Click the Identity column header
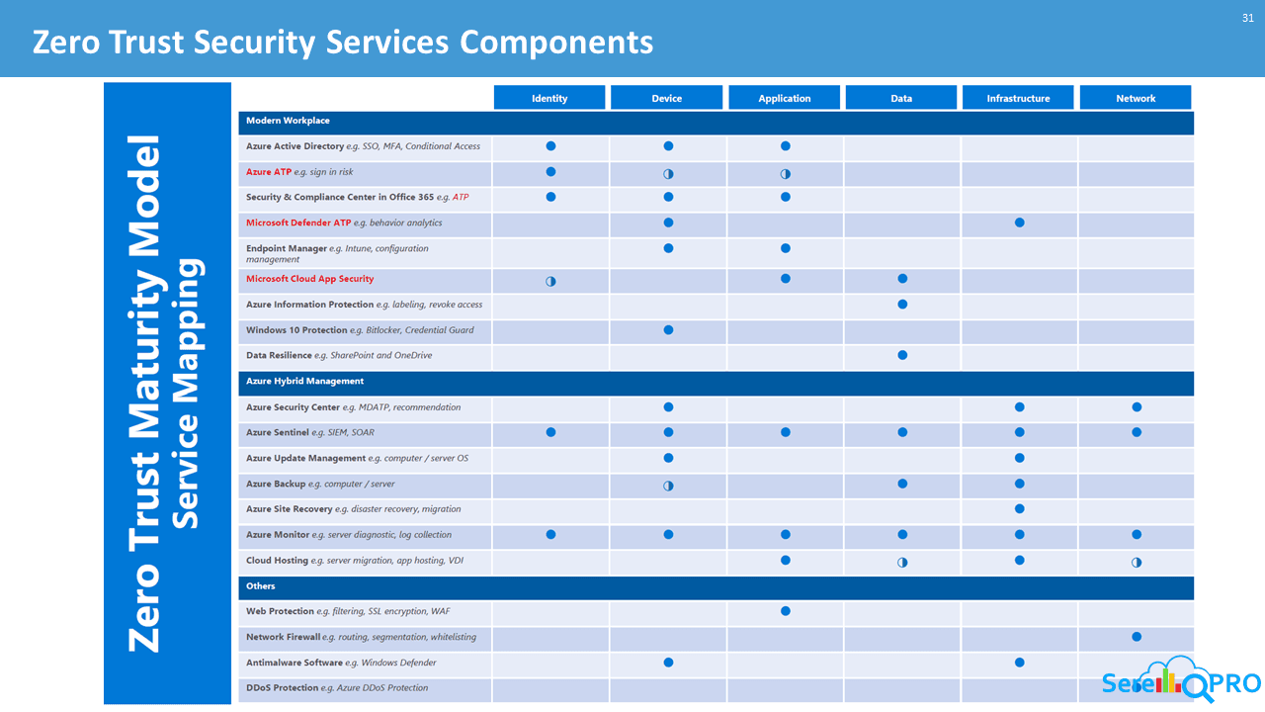point(549,98)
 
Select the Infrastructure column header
point(1018,98)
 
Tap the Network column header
point(1136,98)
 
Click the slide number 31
point(1247,18)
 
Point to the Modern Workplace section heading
point(288,121)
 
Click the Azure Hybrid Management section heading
point(304,381)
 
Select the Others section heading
point(261,586)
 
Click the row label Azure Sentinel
point(279,432)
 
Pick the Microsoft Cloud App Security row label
point(309,279)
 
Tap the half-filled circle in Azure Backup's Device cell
point(668,485)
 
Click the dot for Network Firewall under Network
point(1137,637)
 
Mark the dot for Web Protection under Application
point(786,611)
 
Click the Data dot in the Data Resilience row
point(902,355)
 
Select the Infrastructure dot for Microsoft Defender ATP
point(1019,222)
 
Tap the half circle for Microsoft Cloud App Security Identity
point(550,281)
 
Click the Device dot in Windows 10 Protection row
point(668,329)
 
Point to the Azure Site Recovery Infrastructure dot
point(1019,509)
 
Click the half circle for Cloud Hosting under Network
point(1137,562)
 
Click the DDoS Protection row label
point(282,688)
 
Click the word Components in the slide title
point(556,43)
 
